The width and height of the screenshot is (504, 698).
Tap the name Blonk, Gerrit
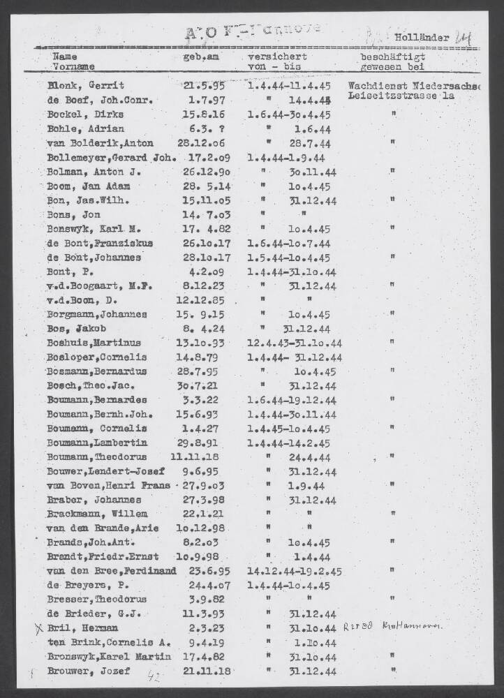coord(86,86)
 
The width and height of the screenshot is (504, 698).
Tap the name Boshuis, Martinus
coord(94,343)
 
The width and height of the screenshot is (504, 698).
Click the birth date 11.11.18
coord(200,458)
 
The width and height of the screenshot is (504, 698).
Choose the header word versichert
coord(277,57)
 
